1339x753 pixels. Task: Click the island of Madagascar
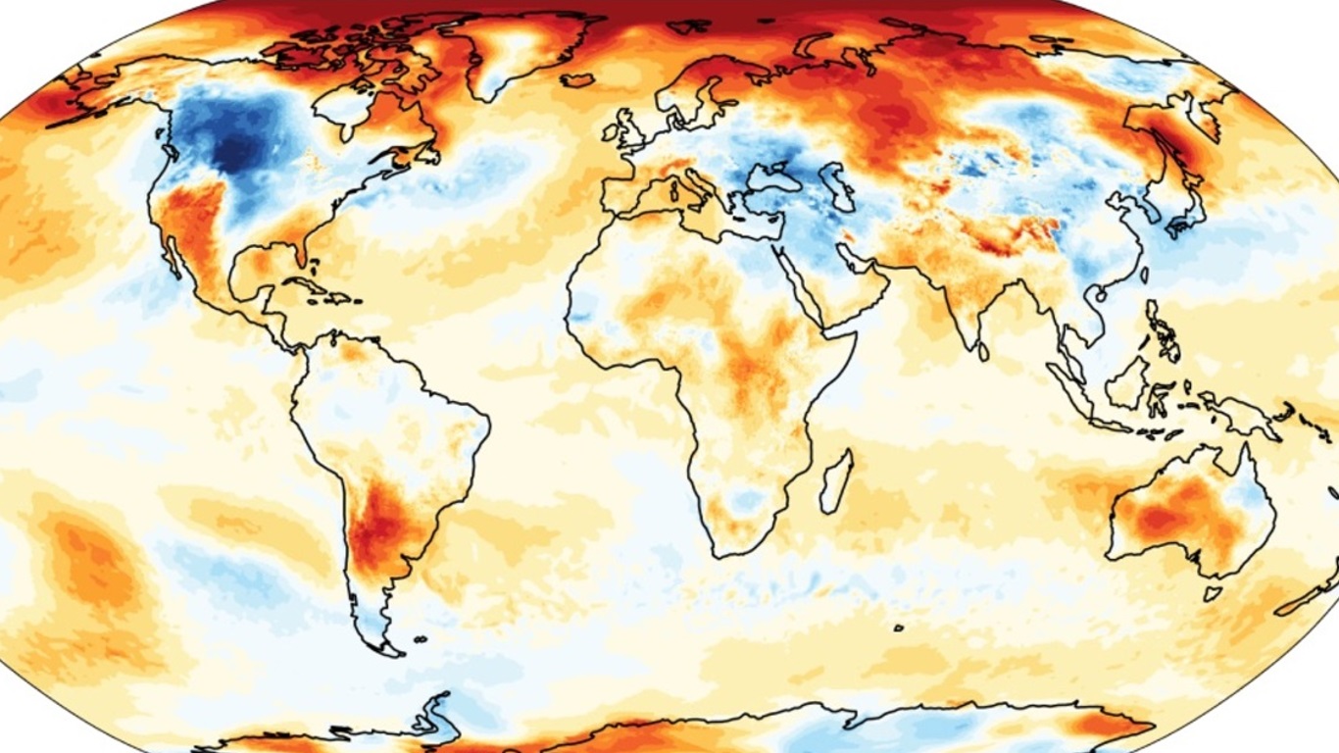pos(835,480)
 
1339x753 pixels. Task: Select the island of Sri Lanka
pos(983,350)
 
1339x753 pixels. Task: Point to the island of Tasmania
pos(1213,593)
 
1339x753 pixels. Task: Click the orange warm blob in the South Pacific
pos(93,564)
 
